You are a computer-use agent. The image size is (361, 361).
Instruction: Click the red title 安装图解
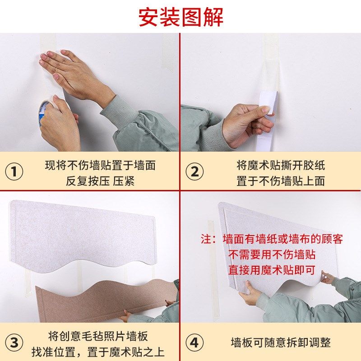[x=180, y=17]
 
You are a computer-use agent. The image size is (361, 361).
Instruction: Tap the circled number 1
[x=14, y=172]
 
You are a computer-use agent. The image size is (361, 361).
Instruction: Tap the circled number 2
[x=194, y=172]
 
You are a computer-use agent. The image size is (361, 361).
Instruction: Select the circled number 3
[x=14, y=342]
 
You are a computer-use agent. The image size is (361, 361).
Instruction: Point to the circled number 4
[x=194, y=342]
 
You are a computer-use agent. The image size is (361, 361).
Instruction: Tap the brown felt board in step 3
[x=104, y=300]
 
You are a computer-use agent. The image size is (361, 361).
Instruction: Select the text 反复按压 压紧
[x=100, y=181]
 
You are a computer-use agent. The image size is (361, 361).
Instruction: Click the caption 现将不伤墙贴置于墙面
[x=100, y=165]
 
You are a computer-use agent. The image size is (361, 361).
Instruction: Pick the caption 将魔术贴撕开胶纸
[x=281, y=165]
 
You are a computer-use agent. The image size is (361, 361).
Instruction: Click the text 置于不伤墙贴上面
[x=281, y=181]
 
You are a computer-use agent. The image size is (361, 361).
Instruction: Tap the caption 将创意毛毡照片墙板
[x=98, y=336]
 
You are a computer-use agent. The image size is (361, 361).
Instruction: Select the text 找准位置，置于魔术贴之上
[x=98, y=352]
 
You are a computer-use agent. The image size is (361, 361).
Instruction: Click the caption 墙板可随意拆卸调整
[x=281, y=342]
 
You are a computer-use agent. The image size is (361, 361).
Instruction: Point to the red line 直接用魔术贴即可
[x=272, y=270]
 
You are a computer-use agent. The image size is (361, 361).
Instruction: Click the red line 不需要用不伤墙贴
[x=272, y=255]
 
